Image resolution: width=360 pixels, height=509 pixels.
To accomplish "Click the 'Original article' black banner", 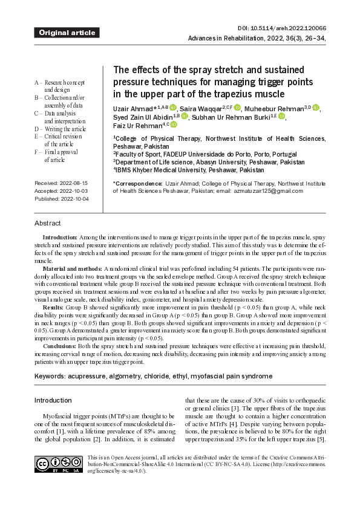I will [x=67, y=33].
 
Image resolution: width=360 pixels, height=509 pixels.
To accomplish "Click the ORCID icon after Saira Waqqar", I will [x=237, y=108].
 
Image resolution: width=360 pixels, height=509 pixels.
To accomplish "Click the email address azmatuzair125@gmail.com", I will [x=269, y=191].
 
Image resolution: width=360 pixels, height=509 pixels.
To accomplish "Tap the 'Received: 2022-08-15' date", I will [x=61, y=183].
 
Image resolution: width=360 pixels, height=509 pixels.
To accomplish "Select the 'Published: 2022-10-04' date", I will [x=62, y=199].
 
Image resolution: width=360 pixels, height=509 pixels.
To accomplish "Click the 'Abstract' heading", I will [x=47, y=223].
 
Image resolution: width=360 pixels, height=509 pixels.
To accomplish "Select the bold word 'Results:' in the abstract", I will [x=53, y=308].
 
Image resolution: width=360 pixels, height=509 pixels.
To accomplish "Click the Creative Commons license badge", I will [x=59, y=464].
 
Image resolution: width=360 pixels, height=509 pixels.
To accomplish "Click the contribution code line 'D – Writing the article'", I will [x=61, y=129].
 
